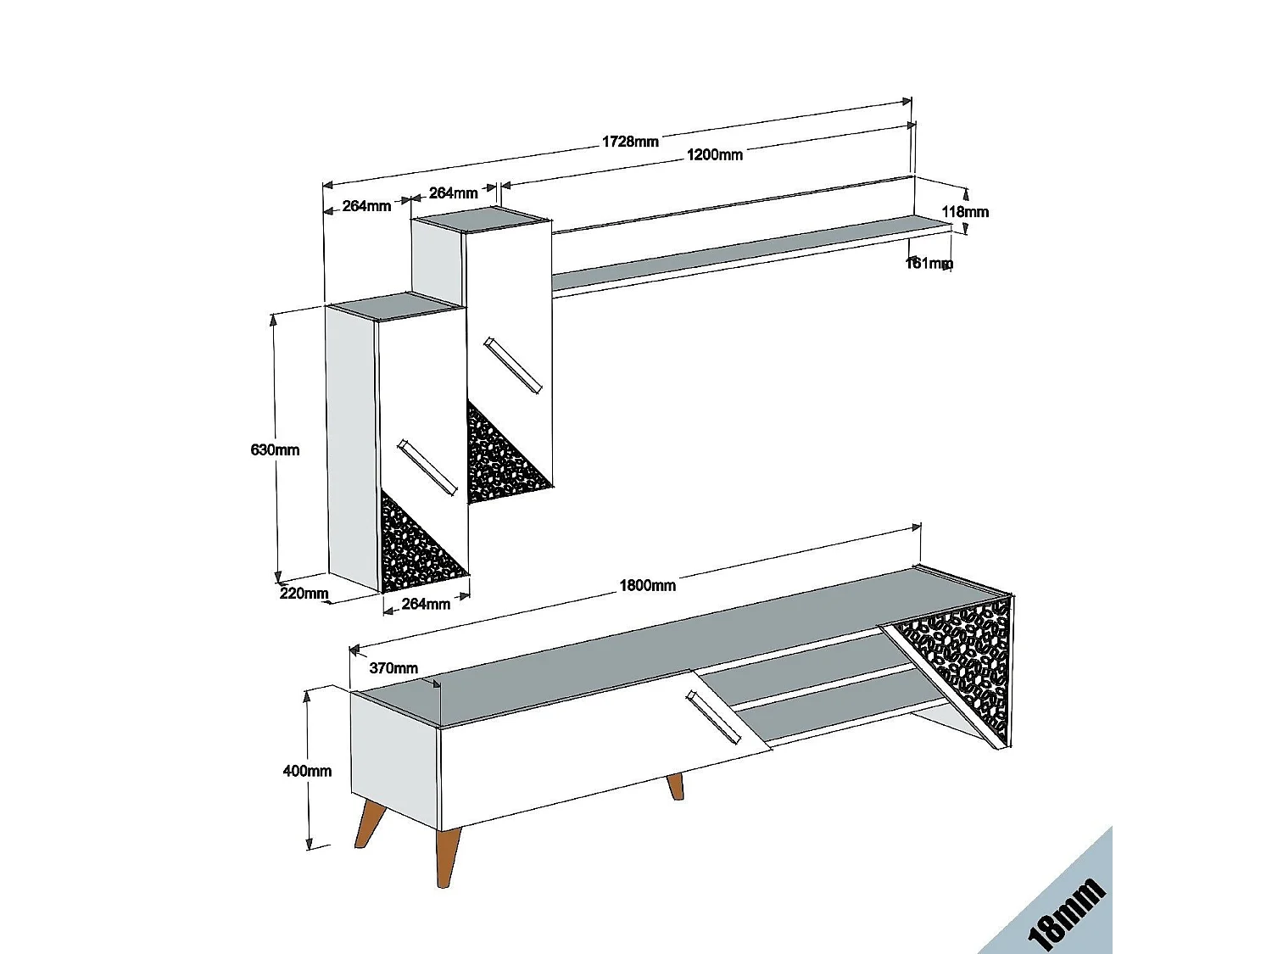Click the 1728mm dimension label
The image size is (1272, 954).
tap(630, 142)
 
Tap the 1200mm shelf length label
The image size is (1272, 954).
tap(714, 154)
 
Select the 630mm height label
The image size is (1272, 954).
tap(275, 449)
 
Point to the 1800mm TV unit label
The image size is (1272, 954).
tap(647, 585)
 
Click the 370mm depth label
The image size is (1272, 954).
tap(393, 668)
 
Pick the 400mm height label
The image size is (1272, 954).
tap(307, 771)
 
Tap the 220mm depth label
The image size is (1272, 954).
tap(304, 593)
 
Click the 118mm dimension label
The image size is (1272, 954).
tap(965, 211)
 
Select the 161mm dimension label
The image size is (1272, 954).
tap(929, 263)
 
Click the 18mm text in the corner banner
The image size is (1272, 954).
tap(1066, 913)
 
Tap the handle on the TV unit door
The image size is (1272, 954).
tap(713, 717)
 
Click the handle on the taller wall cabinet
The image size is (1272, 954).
tap(512, 365)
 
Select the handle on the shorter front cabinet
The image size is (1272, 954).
tap(427, 466)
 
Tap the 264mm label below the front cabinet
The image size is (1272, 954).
tap(426, 604)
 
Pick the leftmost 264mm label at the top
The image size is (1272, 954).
tap(366, 205)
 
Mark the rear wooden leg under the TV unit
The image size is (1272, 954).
tap(675, 786)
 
